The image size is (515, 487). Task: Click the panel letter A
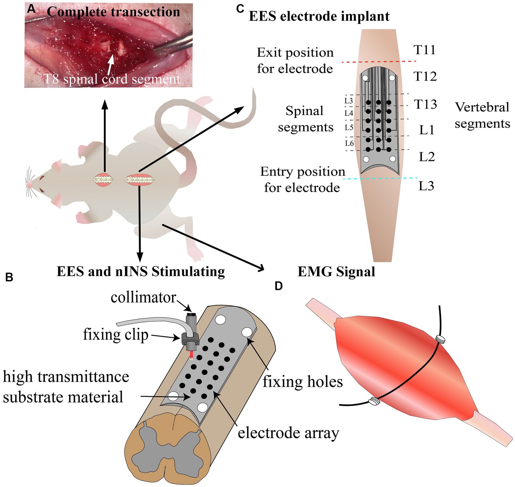(32, 10)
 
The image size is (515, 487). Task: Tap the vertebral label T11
(425, 50)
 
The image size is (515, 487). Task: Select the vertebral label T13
(426, 105)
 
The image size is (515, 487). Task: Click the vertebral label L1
(427, 130)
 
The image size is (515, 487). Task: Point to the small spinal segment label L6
(349, 143)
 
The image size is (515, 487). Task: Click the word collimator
(143, 297)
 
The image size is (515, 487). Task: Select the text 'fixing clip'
(115, 334)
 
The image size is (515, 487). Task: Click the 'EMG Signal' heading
(336, 272)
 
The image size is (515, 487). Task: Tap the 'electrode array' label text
(288, 433)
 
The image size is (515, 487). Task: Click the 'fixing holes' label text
(303, 382)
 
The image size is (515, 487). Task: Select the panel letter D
(279, 286)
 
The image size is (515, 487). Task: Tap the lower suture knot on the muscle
(374, 401)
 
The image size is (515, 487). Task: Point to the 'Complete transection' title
(113, 12)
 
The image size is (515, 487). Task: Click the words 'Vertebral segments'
(482, 115)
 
